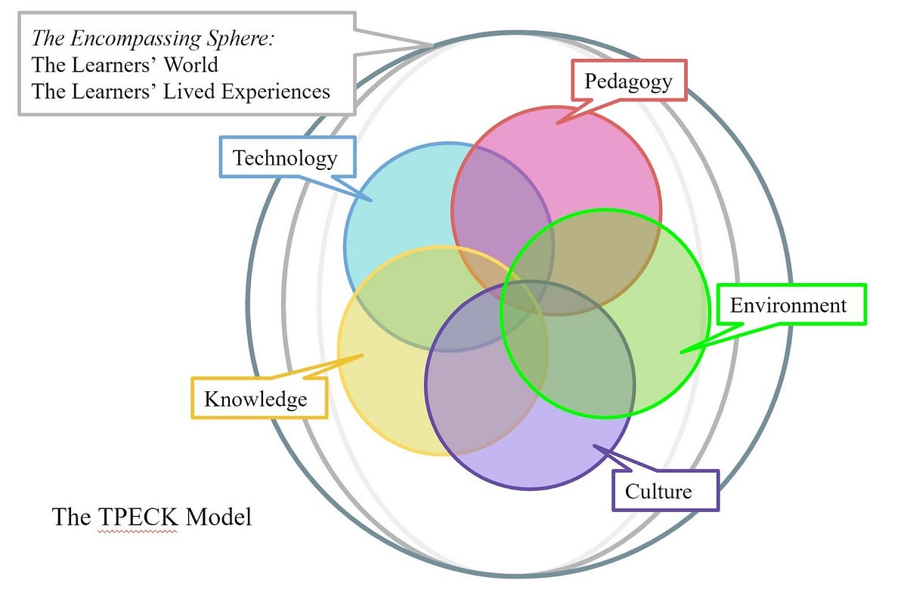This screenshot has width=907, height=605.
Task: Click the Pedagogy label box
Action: click(628, 81)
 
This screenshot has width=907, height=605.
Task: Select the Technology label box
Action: click(286, 158)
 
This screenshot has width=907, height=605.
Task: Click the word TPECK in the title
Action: click(138, 517)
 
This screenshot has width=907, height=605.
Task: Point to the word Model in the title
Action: click(218, 517)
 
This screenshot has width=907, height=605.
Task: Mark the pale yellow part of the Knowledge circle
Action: click(378, 400)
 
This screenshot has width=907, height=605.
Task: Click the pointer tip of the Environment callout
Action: click(679, 352)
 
